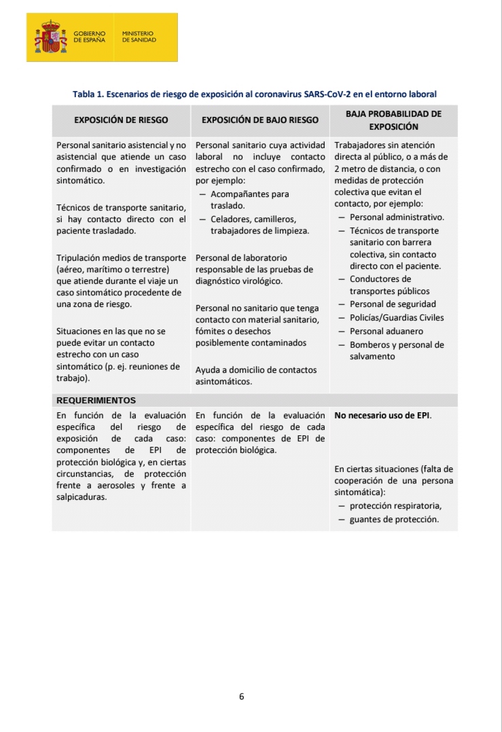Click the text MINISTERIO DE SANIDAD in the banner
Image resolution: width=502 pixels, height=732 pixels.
point(139,37)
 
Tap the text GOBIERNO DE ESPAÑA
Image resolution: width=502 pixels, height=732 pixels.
point(90,37)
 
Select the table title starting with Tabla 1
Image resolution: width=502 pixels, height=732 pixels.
point(254,94)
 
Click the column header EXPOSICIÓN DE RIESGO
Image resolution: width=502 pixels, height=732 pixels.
point(121,120)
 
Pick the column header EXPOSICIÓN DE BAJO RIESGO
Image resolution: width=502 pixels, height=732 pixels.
point(260,120)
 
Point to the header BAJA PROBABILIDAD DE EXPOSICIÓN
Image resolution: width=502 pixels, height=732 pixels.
point(393,120)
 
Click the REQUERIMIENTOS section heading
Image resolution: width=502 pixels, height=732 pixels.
point(96,400)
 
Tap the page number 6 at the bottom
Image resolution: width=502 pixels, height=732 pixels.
point(241,696)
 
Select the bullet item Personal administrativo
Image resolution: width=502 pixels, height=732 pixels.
point(397,217)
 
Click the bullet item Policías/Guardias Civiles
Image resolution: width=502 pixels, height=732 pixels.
point(397,318)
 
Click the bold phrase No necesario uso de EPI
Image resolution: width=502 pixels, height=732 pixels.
point(382,415)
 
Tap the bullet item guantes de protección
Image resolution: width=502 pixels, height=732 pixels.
point(394,519)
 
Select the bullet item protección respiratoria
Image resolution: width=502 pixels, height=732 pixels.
point(395,506)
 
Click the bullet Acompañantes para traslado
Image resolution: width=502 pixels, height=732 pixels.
point(249,200)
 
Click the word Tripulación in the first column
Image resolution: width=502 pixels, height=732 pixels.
point(79,258)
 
